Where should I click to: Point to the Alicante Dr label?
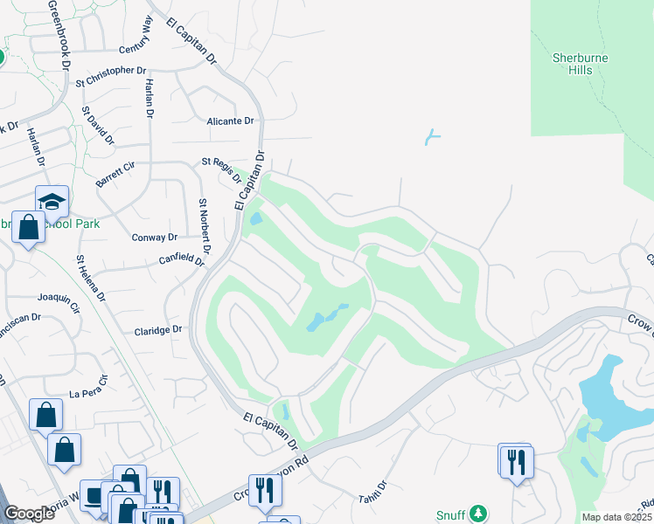coord(230,121)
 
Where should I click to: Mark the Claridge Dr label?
coord(157,330)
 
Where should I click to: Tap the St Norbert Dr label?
coord(203,231)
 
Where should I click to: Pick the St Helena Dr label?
coord(91,279)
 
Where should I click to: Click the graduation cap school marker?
coord(52,202)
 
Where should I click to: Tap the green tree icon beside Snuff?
coord(477,513)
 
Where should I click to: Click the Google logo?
coord(30,514)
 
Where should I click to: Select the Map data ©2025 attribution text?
coord(617,516)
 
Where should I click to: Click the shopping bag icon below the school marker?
coord(29,229)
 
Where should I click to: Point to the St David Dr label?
coord(98,126)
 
